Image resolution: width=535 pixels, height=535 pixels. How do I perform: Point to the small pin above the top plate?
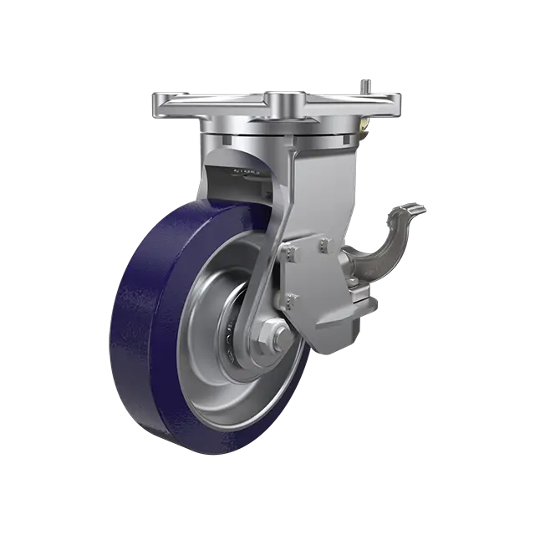tap(365, 83)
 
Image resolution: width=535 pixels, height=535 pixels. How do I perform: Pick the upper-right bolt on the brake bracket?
tap(325, 245)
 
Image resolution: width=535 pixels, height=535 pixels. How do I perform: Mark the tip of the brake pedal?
tap(418, 208)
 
